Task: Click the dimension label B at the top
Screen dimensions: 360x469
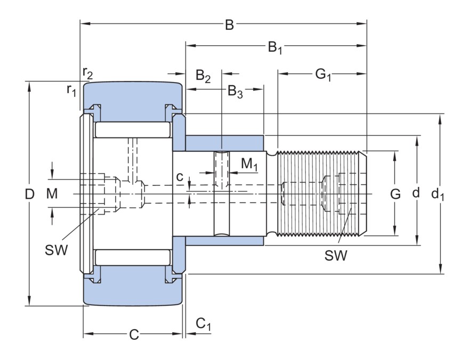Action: [x=229, y=25]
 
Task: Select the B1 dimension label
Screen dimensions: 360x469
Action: [x=275, y=48]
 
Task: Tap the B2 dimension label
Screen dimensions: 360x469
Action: [x=203, y=76]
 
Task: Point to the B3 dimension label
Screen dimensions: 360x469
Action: [x=236, y=92]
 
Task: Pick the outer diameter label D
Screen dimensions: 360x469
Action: [x=30, y=194]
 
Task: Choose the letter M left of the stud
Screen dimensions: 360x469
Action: [x=51, y=194]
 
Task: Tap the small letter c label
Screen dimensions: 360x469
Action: [x=181, y=176]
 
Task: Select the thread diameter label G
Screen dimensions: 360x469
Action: [x=395, y=194]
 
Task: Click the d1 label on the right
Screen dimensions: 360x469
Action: [x=438, y=194]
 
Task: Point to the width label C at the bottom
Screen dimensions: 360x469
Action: [x=134, y=334]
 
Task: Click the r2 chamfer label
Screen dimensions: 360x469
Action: [x=88, y=71]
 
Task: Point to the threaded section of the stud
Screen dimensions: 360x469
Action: [x=320, y=194]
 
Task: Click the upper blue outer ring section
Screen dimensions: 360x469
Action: [x=131, y=101]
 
